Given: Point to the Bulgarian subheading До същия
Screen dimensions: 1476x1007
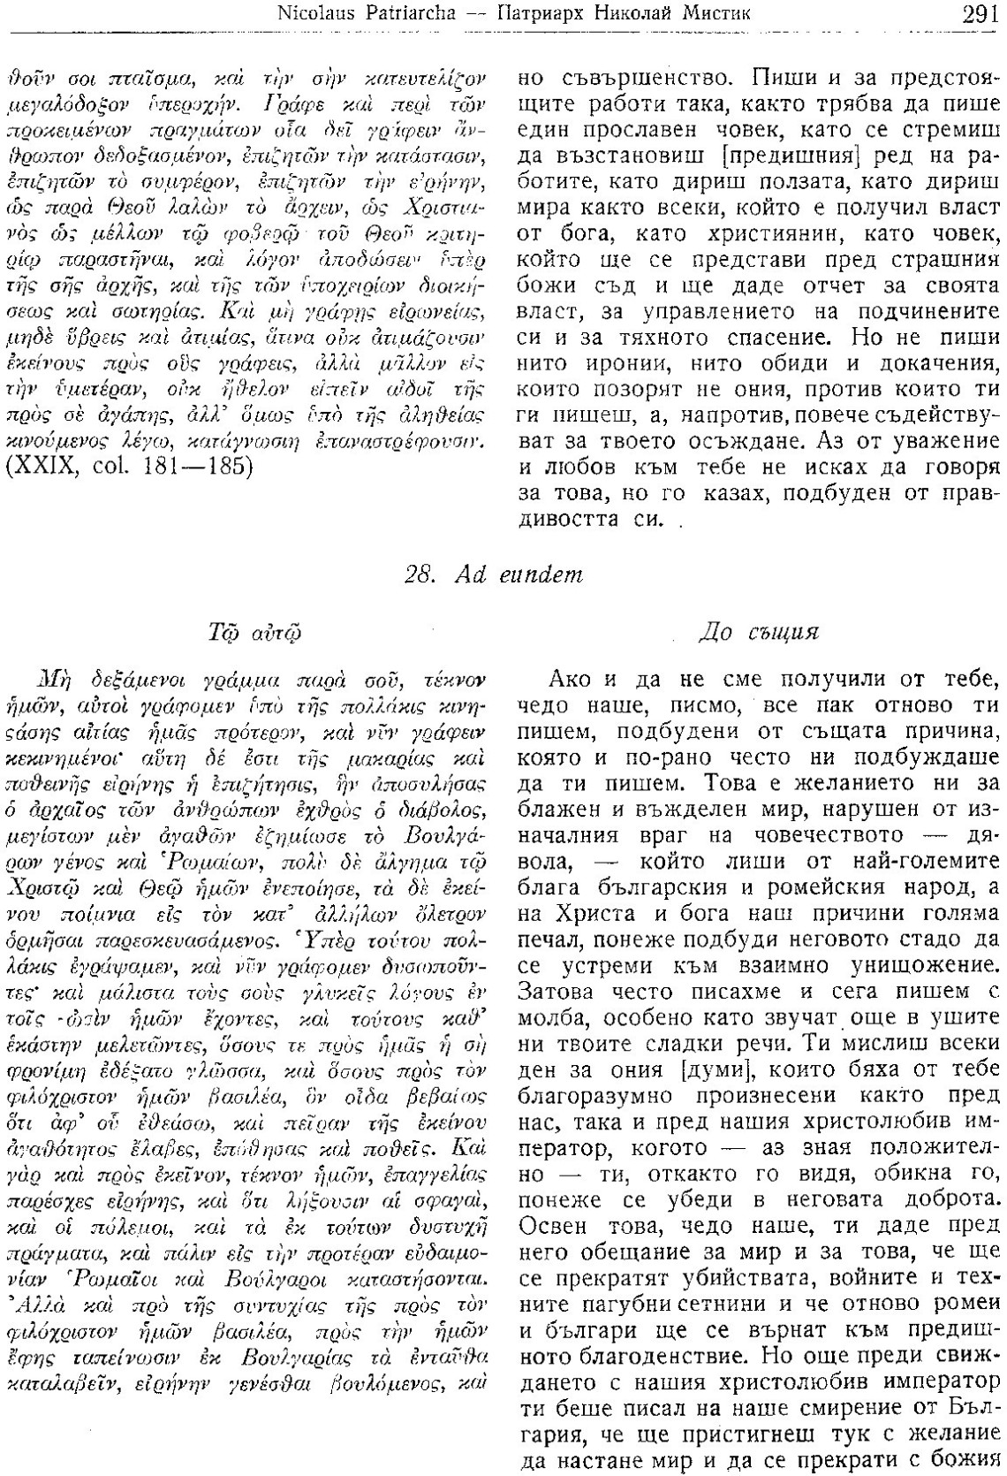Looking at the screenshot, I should [759, 633].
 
